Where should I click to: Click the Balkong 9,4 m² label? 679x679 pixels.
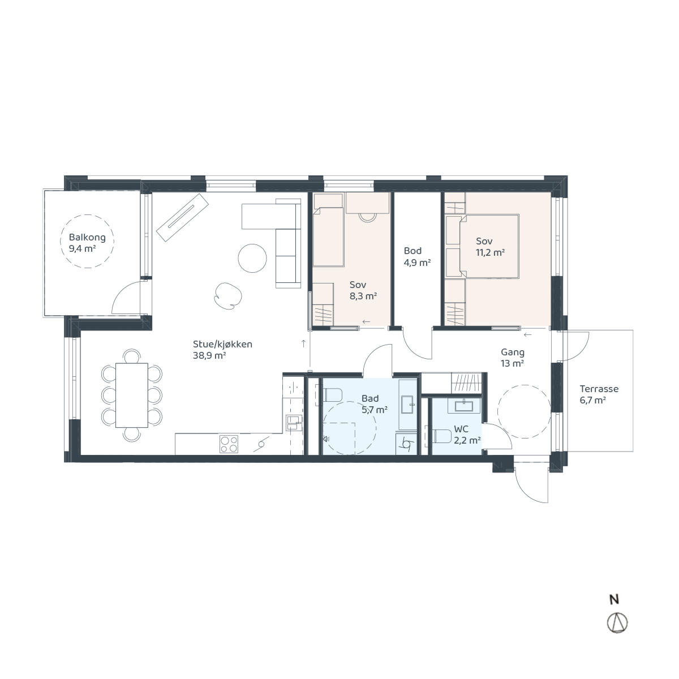[87, 243]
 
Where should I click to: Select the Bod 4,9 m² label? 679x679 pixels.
[417, 256]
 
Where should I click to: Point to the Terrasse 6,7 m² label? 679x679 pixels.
[599, 394]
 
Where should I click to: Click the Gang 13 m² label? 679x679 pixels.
[512, 358]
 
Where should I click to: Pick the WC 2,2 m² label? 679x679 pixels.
[467, 435]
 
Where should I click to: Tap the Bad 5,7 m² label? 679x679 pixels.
[375, 404]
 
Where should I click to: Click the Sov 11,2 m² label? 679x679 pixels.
[490, 247]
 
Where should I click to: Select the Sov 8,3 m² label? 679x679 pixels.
[363, 290]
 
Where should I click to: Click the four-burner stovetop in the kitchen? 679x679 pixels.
[229, 444]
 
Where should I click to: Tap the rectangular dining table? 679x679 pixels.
[132, 395]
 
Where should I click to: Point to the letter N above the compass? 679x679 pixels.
[614, 600]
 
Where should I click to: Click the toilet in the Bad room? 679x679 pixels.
[331, 395]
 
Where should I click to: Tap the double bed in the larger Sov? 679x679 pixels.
[488, 246]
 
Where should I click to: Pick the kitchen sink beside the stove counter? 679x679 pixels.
[294, 423]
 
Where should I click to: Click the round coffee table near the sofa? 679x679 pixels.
[252, 258]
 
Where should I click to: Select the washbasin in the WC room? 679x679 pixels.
[465, 406]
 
